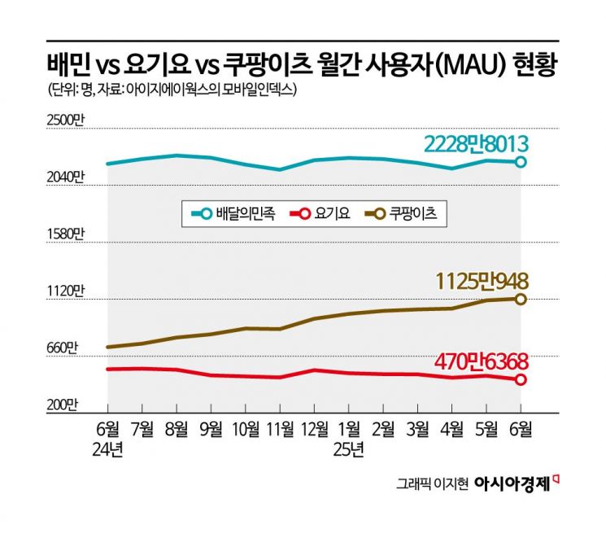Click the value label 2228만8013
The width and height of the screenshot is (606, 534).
point(477,143)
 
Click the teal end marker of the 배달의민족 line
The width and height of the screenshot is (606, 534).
point(521,162)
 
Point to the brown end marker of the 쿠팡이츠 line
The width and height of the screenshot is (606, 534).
point(521,299)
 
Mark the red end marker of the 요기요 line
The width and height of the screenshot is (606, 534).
point(521,379)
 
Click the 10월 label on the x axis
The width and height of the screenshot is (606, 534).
point(246,429)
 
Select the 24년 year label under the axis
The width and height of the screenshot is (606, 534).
point(108,449)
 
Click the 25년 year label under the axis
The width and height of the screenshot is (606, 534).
point(351,449)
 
